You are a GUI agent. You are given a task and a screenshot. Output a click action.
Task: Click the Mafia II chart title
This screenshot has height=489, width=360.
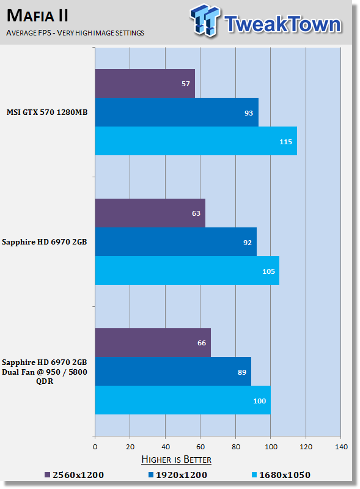(x=37, y=16)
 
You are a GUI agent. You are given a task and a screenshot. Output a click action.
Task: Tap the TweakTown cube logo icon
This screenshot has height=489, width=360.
(x=205, y=20)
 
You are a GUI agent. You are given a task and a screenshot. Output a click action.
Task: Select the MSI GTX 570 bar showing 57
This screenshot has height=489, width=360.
(x=145, y=84)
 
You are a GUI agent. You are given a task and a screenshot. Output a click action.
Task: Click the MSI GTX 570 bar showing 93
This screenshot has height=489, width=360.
(x=177, y=112)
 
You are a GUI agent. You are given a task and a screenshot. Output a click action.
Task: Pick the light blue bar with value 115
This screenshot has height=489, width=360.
(x=196, y=141)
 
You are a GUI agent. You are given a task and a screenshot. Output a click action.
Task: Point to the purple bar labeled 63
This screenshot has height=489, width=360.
(x=150, y=213)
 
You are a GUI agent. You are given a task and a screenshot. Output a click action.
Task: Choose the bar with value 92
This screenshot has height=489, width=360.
(x=176, y=242)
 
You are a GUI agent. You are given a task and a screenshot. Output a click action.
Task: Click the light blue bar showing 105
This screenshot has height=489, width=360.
(x=187, y=271)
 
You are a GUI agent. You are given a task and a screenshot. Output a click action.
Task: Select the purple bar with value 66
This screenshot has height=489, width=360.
(x=153, y=343)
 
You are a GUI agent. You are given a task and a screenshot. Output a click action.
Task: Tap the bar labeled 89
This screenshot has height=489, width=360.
(x=173, y=372)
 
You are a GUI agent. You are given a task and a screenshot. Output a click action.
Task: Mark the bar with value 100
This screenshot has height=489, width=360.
(x=183, y=400)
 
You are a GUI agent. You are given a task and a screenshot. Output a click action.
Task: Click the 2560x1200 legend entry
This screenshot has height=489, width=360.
(x=74, y=475)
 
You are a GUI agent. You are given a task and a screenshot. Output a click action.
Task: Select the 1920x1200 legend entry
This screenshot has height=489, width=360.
(x=178, y=475)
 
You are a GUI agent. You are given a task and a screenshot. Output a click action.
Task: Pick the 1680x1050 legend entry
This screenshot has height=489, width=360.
(x=281, y=475)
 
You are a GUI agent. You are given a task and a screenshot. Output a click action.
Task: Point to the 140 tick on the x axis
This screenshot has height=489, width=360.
(x=341, y=447)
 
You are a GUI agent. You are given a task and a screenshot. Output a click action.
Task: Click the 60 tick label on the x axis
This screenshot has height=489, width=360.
(x=200, y=447)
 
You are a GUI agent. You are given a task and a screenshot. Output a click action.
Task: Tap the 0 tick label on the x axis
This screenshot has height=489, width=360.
(x=95, y=447)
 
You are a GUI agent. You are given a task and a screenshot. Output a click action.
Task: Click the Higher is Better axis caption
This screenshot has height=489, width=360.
(x=176, y=460)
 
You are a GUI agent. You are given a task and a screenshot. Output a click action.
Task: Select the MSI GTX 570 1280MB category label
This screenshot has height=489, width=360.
(x=47, y=112)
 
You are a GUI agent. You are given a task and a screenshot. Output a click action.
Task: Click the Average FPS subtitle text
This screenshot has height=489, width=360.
(x=75, y=33)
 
